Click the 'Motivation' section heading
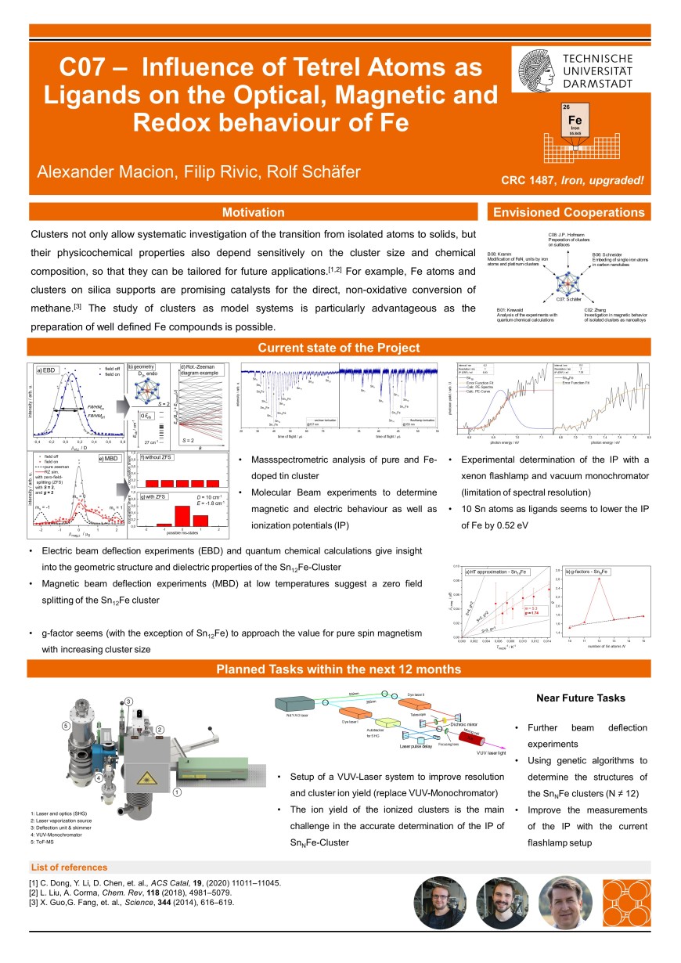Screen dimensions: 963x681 [x=253, y=212]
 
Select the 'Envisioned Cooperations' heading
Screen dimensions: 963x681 [x=567, y=212]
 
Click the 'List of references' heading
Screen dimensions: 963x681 [x=69, y=867]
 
